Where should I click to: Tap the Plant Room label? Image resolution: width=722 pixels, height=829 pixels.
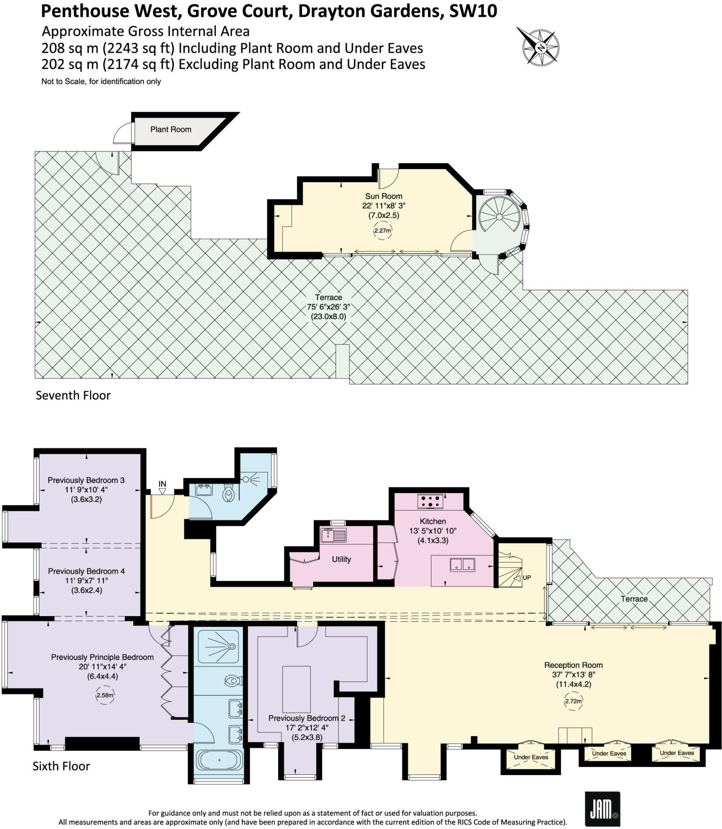[x=170, y=130]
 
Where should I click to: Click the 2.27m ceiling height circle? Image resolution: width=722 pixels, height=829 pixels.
[x=382, y=231]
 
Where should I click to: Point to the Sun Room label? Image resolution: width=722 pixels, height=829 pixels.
[x=383, y=196]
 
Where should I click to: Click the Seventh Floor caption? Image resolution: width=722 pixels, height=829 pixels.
[x=73, y=395]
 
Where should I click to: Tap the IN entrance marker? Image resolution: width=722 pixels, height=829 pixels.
[x=162, y=485]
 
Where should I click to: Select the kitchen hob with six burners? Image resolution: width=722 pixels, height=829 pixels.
[x=430, y=502]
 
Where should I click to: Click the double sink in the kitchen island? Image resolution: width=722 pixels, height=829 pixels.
[x=462, y=565]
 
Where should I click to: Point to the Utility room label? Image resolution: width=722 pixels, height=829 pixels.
[x=341, y=559]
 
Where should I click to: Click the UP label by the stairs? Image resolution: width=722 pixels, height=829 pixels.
[x=526, y=578]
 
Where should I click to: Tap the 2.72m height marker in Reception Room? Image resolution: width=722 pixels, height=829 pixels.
[x=573, y=701]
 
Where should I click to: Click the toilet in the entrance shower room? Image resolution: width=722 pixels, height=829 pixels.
[x=229, y=494]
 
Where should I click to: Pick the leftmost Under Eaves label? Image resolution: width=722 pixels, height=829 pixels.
[x=530, y=757]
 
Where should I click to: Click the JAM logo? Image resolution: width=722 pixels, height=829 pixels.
[x=602, y=809]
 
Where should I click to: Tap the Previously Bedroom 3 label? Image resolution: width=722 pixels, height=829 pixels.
[x=86, y=480]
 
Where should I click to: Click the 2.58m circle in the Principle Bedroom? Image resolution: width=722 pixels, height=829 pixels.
[x=105, y=695]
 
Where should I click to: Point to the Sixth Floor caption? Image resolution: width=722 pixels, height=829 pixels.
[x=61, y=766]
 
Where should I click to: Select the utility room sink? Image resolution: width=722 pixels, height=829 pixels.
[x=333, y=535]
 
